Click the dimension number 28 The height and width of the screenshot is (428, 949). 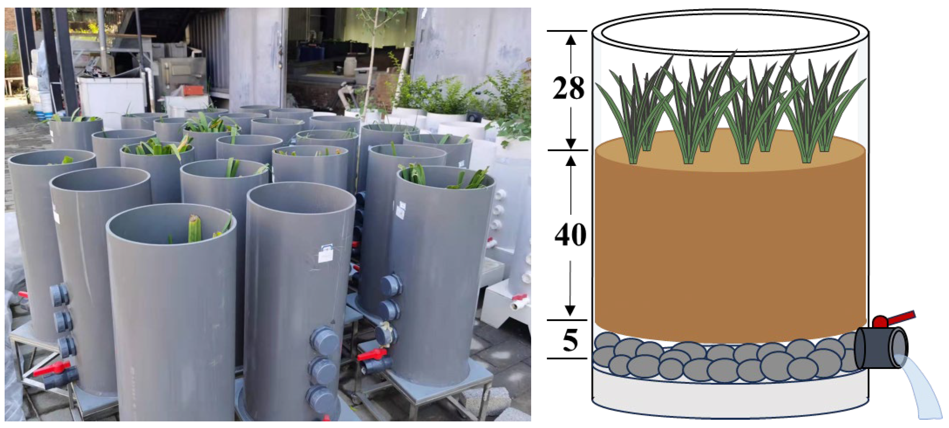568,89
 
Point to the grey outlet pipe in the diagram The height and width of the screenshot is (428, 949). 881,348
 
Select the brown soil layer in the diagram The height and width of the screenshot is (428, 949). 729,243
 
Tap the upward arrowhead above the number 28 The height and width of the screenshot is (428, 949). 571,39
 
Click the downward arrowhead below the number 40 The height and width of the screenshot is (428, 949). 570,311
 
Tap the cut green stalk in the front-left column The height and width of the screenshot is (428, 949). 194,229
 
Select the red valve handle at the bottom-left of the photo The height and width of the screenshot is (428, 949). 52,368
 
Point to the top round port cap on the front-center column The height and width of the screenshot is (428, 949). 324,341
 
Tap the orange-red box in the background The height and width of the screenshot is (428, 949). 194,90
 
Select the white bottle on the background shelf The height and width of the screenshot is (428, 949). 350,66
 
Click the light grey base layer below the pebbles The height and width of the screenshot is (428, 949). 729,396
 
